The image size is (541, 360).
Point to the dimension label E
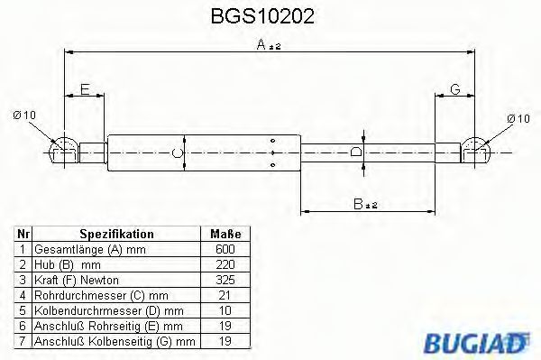[x=85, y=89]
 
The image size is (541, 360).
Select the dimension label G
[x=454, y=89]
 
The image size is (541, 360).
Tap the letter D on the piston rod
[x=356, y=152]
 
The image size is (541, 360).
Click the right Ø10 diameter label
[x=519, y=117]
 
